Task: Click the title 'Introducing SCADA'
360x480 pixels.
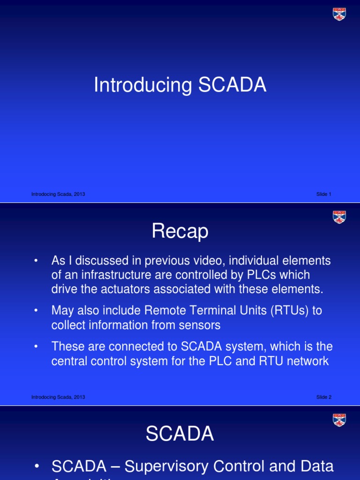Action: (180, 86)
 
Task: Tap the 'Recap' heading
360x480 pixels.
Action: (180, 232)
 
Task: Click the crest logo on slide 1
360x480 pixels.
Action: (339, 14)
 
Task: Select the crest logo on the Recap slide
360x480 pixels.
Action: (339, 217)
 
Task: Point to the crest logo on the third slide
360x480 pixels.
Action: (339, 420)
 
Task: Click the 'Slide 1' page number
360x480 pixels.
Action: (323, 194)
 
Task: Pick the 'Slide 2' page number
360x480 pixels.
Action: (323, 397)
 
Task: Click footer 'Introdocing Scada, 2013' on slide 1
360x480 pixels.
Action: (58, 194)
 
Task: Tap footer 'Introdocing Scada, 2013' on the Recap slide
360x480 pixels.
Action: (58, 397)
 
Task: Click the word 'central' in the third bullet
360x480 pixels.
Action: (72, 361)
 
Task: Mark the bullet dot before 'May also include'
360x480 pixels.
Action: (36, 311)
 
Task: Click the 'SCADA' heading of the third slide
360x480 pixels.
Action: (180, 435)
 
